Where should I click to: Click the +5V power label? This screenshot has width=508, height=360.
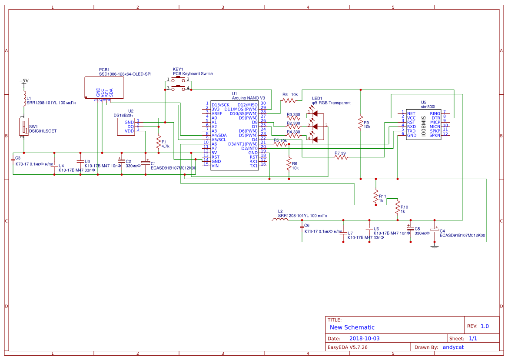(24, 81)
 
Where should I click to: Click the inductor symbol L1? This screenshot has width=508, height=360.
(24, 99)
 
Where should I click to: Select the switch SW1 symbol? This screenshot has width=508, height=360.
(24, 127)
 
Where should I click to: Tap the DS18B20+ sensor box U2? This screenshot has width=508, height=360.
(126, 127)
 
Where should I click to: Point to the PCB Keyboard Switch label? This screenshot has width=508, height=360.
(193, 74)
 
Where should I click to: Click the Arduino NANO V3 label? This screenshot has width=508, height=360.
(248, 98)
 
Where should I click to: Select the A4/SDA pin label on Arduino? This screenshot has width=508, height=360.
(219, 135)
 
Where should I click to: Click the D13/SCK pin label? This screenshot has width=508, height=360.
(220, 105)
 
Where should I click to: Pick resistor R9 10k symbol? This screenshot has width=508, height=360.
(361, 122)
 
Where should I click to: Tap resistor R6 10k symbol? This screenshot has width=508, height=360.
(289, 163)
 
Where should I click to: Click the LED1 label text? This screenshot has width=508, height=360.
(317, 98)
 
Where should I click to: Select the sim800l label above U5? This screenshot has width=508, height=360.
(428, 107)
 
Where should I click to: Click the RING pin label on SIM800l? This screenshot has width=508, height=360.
(435, 113)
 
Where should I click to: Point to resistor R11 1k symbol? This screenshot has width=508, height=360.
(376, 197)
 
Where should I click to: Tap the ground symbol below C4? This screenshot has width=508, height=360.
(434, 247)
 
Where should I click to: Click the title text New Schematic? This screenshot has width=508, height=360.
(352, 327)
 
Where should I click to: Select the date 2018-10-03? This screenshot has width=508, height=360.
(365, 338)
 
